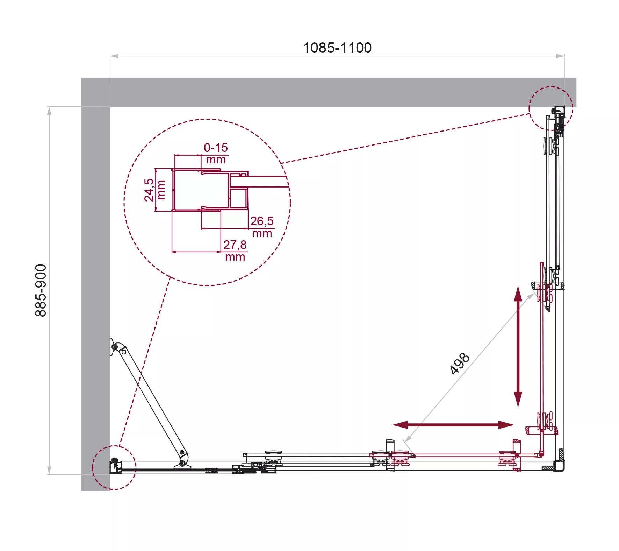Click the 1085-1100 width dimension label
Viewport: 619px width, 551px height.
tap(337, 48)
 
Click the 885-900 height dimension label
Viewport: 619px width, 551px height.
tap(41, 290)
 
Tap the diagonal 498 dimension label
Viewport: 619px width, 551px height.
tap(459, 363)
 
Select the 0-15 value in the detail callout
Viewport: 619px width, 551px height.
tap(216, 148)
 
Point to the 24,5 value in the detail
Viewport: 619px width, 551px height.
tap(149, 190)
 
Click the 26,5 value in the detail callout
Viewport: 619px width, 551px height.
tap(262, 221)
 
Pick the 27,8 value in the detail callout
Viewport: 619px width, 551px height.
tap(235, 245)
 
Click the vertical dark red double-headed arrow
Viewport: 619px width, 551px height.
tap(518, 346)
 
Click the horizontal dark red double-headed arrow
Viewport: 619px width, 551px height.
tap(453, 425)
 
